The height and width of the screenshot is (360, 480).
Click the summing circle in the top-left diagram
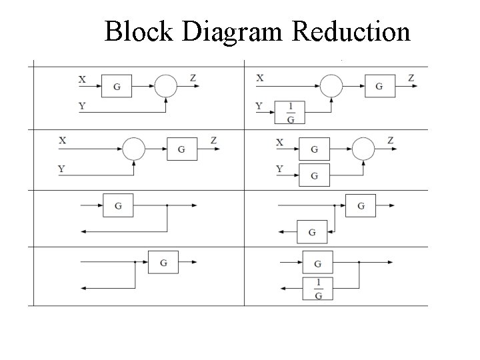tap(165, 86)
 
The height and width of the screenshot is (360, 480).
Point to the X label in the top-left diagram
tap(82, 79)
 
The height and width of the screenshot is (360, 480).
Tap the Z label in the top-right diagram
tap(411, 79)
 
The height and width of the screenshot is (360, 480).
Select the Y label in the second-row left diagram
tap(61, 169)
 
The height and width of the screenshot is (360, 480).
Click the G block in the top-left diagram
tap(117, 86)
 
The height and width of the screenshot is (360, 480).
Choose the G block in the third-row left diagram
tap(118, 205)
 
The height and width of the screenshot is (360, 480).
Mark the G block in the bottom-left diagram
tap(163, 263)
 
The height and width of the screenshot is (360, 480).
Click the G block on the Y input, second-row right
tap(314, 175)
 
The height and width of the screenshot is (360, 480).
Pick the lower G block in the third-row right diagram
tap(312, 231)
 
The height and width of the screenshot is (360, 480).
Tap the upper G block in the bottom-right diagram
tap(317, 263)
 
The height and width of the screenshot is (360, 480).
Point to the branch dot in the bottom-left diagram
tap(135, 263)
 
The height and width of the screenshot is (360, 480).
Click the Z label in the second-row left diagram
tap(213, 141)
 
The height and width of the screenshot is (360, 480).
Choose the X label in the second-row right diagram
tap(279, 143)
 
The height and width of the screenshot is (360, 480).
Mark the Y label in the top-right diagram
tap(259, 105)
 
